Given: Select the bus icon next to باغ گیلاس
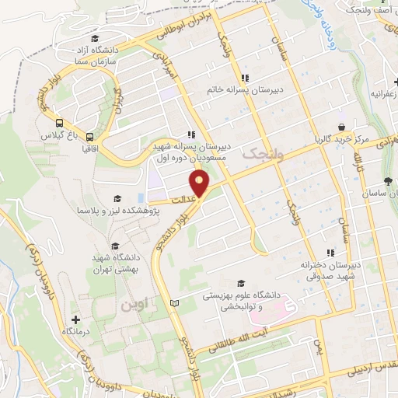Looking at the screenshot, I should (x=60, y=122).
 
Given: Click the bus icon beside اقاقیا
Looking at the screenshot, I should (x=90, y=134).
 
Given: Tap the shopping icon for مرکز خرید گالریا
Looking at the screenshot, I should (x=340, y=127).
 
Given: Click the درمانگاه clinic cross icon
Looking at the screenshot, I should (x=75, y=319).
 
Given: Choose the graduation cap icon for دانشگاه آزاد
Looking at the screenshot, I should (x=95, y=39).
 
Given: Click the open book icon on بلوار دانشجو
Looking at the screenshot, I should (x=175, y=302).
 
